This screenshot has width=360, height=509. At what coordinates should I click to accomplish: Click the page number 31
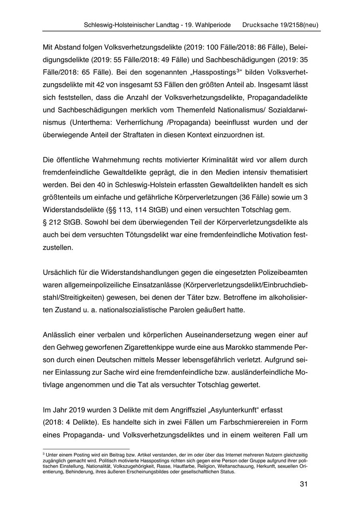pos(303,484)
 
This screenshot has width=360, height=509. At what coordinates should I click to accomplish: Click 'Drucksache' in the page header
pos(260,25)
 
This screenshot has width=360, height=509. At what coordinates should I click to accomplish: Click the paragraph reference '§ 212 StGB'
pos(59,222)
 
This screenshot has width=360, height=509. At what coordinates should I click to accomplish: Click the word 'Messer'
pos(172,359)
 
